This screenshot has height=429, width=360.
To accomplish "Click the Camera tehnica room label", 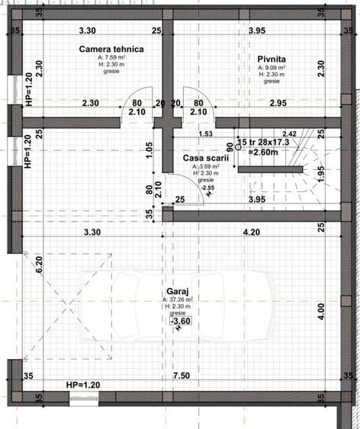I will coord(111,49).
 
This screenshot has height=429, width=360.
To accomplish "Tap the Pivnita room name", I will coord(272,58).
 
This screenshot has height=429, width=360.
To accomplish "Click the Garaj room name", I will coord(178,291).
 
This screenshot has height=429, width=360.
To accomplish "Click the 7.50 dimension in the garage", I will coord(181,376).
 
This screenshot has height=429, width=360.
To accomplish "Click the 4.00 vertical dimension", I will coord(321,311).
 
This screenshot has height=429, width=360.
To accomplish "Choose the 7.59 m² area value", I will coord(111,58).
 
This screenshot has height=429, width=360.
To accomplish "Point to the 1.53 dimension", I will coord(204,134).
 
